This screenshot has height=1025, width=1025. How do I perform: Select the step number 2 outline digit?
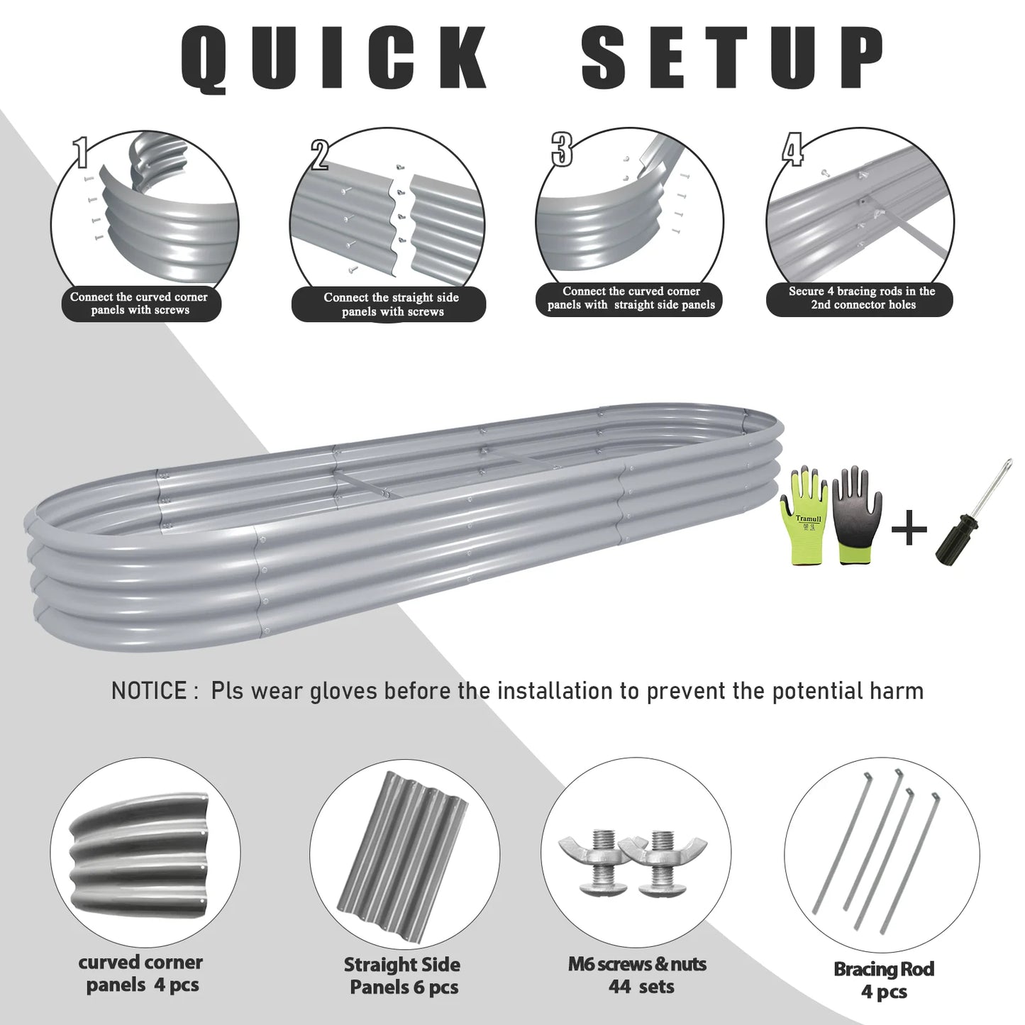[x=319, y=155]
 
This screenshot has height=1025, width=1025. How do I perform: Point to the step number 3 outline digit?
[x=562, y=149]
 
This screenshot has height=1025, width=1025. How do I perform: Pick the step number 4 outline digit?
[x=792, y=150]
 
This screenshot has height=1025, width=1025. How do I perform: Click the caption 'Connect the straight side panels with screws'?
[x=390, y=305]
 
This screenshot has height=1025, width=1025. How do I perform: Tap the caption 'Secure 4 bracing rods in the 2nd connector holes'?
[x=861, y=298]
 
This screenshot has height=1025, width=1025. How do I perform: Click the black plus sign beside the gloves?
[x=909, y=528]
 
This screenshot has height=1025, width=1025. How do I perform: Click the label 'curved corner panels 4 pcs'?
[x=140, y=973]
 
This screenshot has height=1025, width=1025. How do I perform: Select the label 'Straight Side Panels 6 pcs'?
[x=402, y=975]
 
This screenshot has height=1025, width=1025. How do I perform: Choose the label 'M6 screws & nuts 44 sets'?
[x=637, y=975]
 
